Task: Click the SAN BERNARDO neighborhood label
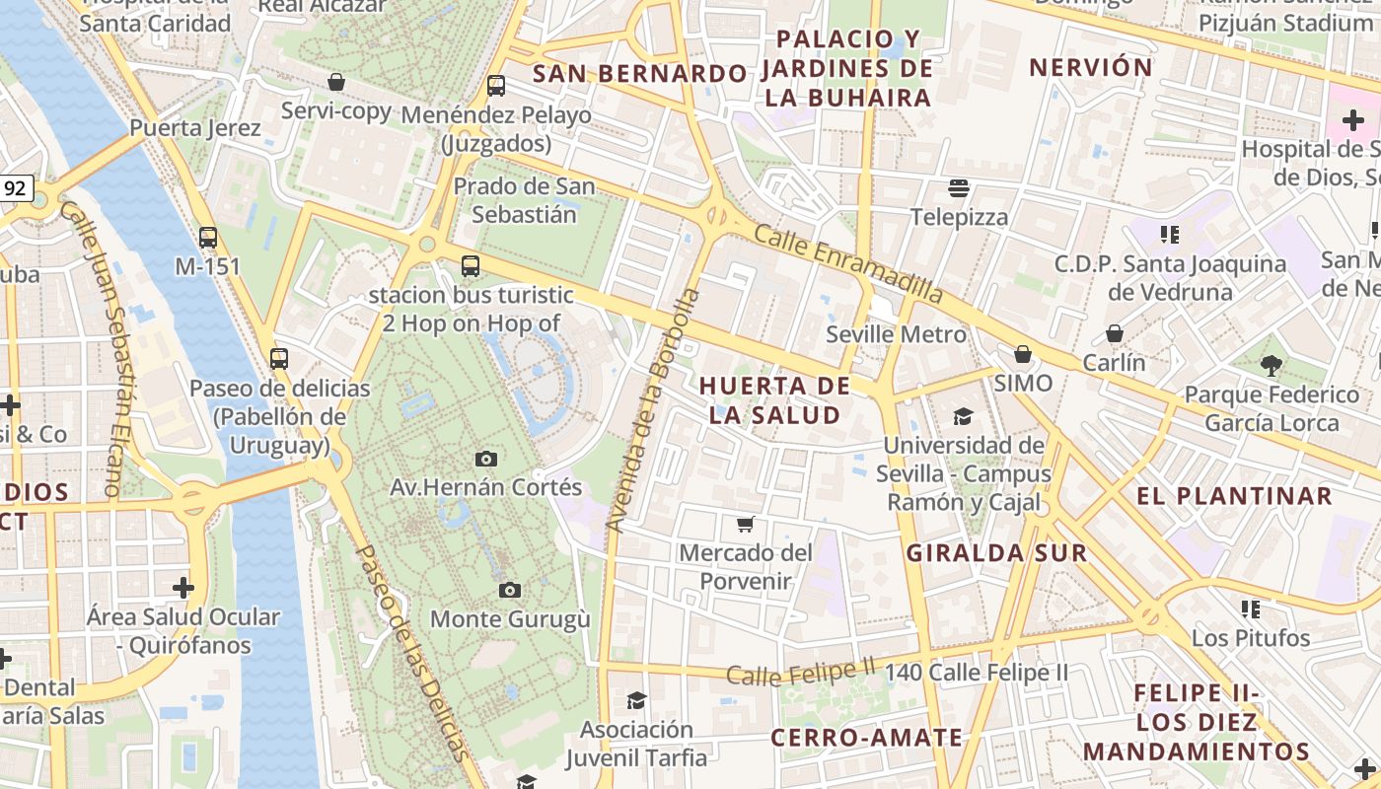[x=639, y=74]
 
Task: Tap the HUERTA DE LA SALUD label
[x=774, y=400]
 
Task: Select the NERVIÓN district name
[x=1090, y=67]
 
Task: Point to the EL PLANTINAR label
[x=1234, y=495]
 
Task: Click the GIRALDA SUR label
[x=996, y=552]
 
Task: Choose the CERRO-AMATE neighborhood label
[x=866, y=738]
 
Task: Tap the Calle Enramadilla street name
[x=848, y=262]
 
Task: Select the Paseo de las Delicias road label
[x=410, y=651]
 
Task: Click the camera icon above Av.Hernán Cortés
[x=485, y=459]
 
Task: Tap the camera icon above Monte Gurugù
[x=509, y=590]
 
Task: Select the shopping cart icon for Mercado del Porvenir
[x=746, y=524]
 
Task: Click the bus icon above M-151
[x=207, y=237]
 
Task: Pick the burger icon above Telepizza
[x=959, y=187]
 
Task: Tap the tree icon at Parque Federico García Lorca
[x=1272, y=365]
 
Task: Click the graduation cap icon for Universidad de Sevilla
[x=962, y=416]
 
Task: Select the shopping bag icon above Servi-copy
[x=336, y=82]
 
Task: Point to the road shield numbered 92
[x=14, y=187]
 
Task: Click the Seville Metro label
[x=896, y=334]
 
